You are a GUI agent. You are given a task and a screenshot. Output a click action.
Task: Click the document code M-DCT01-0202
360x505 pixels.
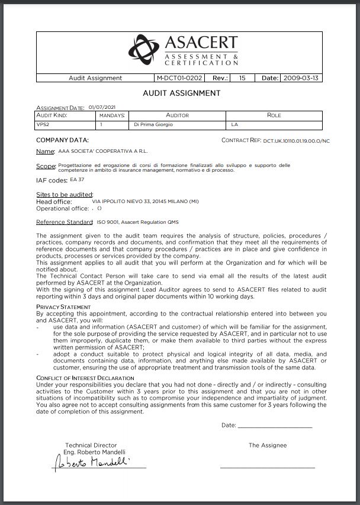click(x=179, y=78)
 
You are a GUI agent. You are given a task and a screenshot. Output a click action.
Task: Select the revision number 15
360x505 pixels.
click(x=242, y=78)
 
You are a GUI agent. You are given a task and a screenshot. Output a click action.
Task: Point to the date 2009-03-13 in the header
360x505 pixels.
click(x=301, y=78)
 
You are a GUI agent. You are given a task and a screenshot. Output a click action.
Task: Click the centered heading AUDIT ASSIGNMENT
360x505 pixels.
click(x=182, y=93)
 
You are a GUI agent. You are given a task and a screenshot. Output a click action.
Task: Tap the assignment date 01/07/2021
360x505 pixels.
click(x=101, y=108)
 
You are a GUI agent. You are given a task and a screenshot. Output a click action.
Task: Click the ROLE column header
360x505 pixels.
click(x=274, y=115)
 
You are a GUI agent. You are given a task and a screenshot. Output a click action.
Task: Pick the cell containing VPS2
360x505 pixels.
click(x=44, y=125)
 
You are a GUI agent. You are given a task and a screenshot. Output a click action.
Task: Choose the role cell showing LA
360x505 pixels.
click(x=234, y=125)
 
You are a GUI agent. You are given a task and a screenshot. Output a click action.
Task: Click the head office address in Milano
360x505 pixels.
click(x=146, y=202)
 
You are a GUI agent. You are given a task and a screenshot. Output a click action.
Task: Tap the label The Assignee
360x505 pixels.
click(x=268, y=445)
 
